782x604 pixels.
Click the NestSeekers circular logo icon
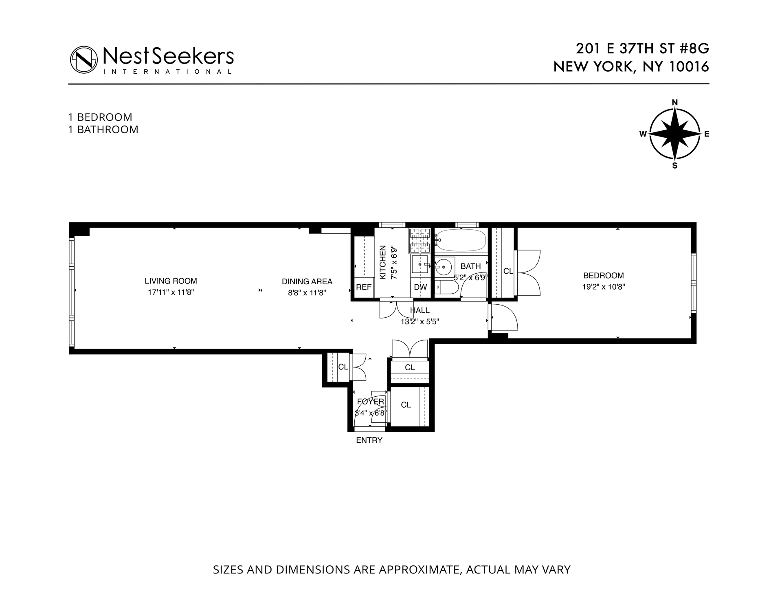[84, 59]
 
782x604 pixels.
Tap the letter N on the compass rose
[674, 103]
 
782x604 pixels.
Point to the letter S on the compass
[674, 166]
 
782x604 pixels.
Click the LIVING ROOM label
[171, 281]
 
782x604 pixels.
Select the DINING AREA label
[307, 281]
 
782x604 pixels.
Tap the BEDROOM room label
[603, 276]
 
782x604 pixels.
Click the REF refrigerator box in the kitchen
[364, 287]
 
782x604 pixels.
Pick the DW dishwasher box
[420, 287]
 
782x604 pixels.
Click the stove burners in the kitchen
[420, 240]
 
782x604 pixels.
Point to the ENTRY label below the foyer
[369, 440]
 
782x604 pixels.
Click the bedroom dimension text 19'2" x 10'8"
[603, 287]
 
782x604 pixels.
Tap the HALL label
[420, 310]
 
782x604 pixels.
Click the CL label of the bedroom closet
[508, 271]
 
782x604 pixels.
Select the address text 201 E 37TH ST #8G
[642, 49]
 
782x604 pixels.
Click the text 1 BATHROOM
[103, 130]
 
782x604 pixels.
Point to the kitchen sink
[420, 264]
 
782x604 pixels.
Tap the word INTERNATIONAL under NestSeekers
[168, 72]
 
